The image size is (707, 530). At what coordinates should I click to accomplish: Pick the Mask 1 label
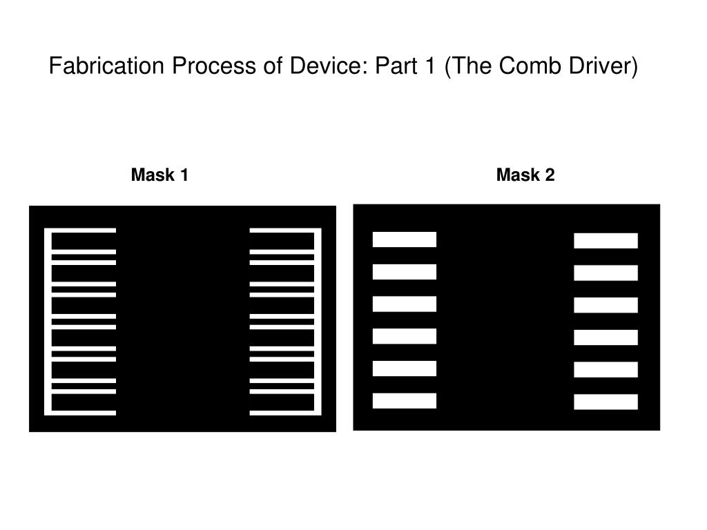tap(159, 175)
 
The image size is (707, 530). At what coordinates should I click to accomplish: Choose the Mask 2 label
tap(525, 175)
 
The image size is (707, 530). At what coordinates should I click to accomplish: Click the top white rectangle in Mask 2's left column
tap(405, 239)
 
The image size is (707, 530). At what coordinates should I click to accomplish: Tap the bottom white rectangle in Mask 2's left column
tap(405, 400)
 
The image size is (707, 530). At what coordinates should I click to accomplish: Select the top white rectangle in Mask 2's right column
tap(606, 241)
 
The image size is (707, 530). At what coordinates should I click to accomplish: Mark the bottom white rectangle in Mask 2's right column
tap(606, 402)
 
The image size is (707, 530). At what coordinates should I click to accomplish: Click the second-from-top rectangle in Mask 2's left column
tap(405, 272)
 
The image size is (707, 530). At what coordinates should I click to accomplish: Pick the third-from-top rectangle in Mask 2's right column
tap(606, 305)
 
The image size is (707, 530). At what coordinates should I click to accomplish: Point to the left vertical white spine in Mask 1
tap(48, 322)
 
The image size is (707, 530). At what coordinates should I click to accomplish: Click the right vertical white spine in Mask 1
tap(318, 322)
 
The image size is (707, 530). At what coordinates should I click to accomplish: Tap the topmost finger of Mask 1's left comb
tap(83, 230)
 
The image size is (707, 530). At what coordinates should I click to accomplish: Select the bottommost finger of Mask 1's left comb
tap(83, 413)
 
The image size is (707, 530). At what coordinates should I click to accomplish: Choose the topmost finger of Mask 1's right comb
tap(283, 230)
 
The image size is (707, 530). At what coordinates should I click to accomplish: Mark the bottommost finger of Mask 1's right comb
tap(283, 413)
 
